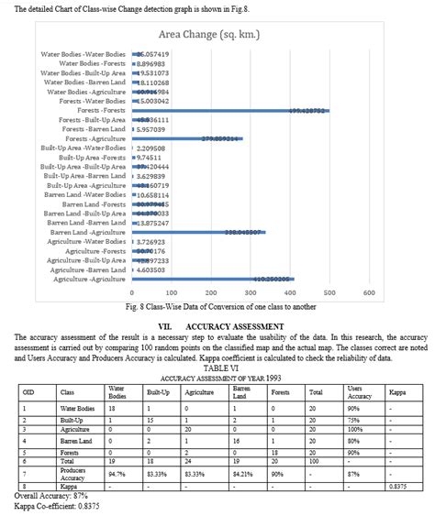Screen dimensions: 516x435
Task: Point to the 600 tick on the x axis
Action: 369,292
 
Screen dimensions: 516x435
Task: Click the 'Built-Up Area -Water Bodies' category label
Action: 84,148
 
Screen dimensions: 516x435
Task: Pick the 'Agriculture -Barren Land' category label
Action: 88,269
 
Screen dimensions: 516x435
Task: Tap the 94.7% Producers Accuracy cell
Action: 117,474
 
